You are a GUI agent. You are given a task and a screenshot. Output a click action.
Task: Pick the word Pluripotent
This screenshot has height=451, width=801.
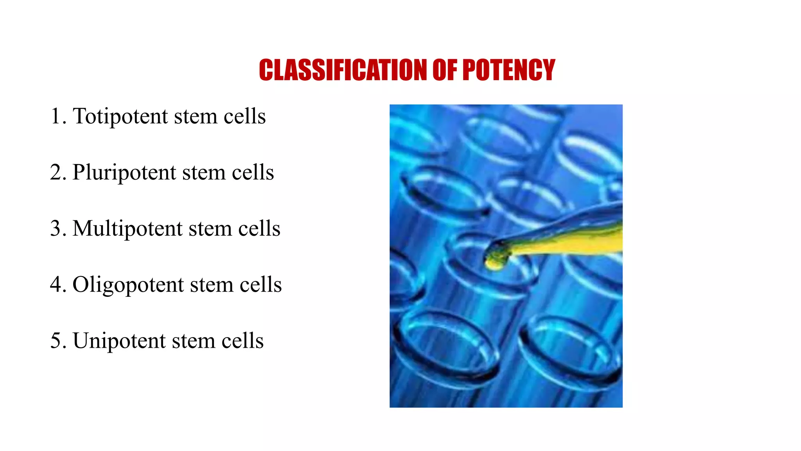coord(124,173)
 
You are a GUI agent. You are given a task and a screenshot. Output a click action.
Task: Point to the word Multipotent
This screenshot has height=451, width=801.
coord(128,229)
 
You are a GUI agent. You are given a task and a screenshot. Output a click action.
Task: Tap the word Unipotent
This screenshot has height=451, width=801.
coord(119,341)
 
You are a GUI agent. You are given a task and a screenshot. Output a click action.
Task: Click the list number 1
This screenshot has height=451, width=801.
coord(56,116)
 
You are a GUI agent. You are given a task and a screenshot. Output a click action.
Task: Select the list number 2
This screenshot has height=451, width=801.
coord(56,173)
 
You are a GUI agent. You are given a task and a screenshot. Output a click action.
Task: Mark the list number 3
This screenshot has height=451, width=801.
coord(56,229)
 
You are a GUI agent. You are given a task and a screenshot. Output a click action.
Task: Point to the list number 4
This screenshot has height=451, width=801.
coord(56,285)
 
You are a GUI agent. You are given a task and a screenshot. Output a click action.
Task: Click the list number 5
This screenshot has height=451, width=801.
coord(56,341)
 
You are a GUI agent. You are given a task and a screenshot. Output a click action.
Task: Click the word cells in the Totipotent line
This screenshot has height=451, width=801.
coord(245,116)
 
